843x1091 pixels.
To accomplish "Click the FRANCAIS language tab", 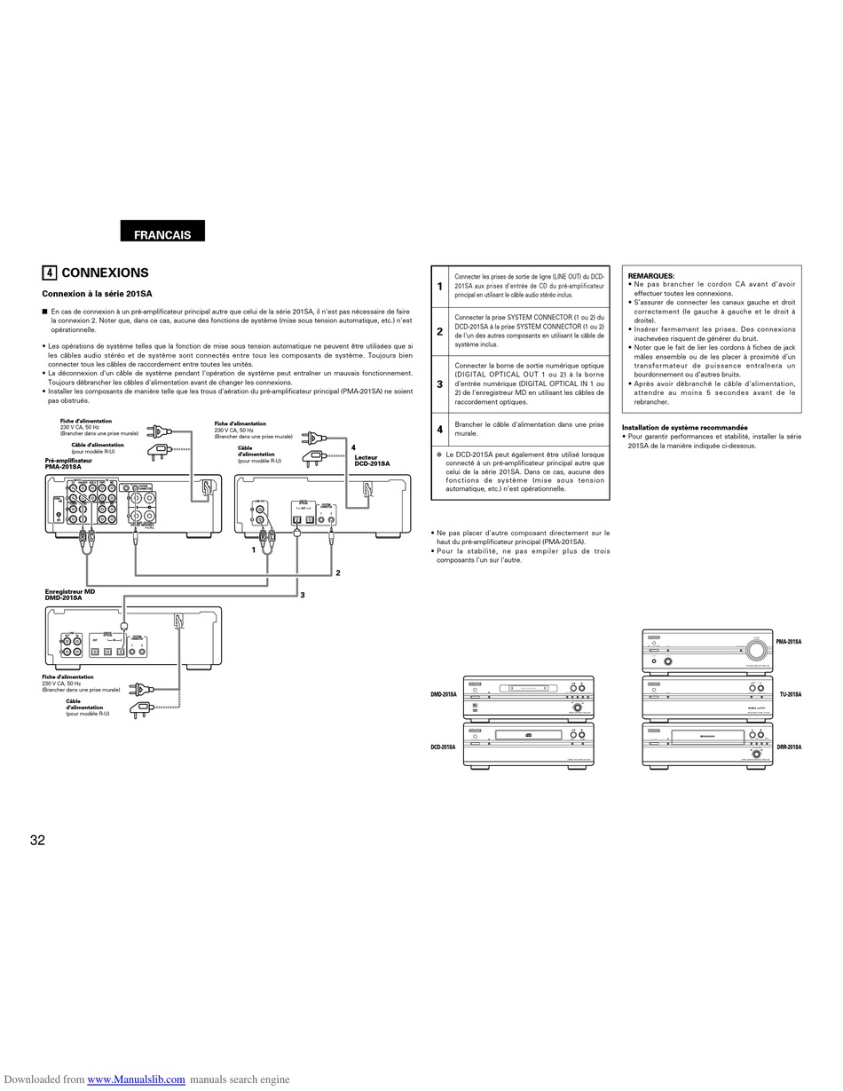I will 162,234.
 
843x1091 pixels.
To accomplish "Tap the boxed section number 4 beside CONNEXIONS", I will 50,273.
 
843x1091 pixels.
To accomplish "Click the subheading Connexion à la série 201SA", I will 97,294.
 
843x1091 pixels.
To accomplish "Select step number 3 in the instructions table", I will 439,384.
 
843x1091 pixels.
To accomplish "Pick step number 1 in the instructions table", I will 439,286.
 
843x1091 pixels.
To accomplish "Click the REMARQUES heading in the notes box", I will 650,276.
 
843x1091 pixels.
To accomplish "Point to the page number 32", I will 37,841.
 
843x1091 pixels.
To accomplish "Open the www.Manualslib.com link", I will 136,1079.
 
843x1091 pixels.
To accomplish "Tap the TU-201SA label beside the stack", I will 790,694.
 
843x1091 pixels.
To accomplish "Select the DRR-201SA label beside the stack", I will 788,747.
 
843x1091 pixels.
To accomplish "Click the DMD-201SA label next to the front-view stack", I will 444,694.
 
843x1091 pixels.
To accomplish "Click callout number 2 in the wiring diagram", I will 338,573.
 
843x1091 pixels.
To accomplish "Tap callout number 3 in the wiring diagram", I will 302,595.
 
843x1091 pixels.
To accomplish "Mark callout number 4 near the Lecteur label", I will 352,448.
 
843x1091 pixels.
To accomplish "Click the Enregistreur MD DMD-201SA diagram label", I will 70,595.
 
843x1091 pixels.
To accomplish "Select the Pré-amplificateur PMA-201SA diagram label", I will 68,463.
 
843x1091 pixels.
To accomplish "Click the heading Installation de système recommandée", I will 684,427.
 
